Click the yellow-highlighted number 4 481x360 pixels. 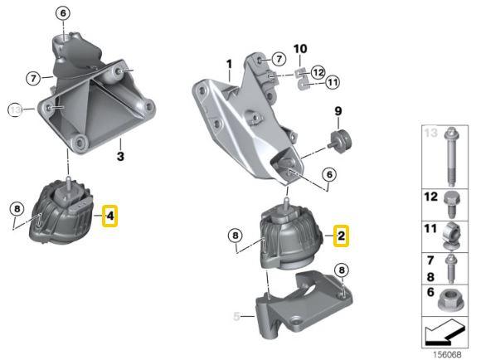[x=110, y=217]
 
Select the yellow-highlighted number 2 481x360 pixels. [x=340, y=236]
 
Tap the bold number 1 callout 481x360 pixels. [x=229, y=64]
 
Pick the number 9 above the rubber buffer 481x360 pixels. [x=338, y=112]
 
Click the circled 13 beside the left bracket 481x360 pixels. [x=14, y=108]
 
